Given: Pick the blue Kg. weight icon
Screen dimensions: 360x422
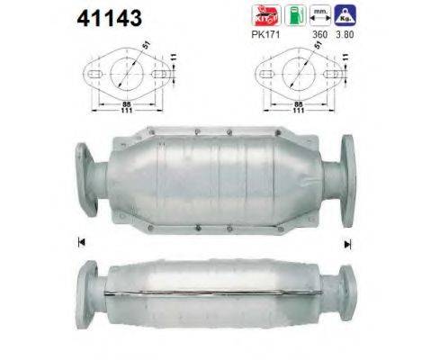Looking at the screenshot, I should [x=343, y=15].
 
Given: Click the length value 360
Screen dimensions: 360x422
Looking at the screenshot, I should [x=317, y=37].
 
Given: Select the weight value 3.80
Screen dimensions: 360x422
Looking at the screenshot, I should [x=344, y=37].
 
